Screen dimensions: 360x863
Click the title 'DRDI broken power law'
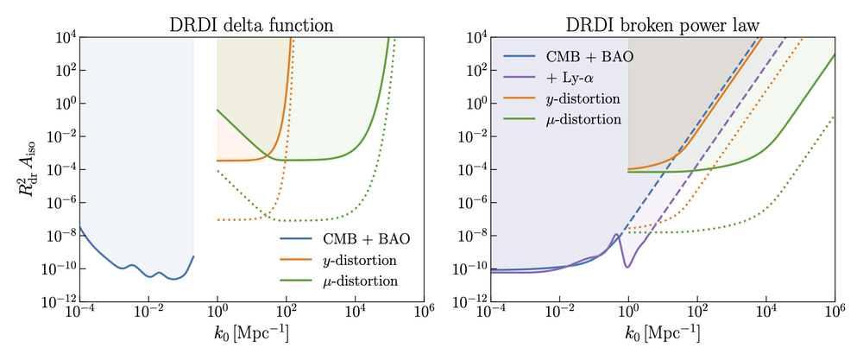(x=662, y=24)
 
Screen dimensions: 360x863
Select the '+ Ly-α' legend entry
(x=570, y=79)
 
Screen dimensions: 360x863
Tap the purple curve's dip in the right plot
(x=627, y=266)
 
